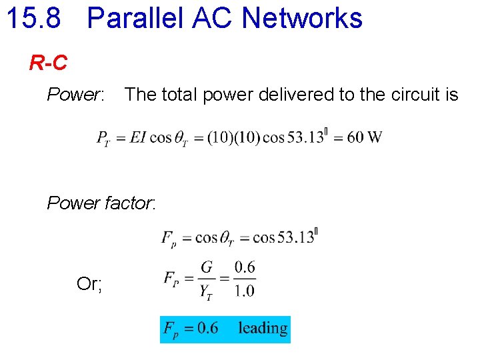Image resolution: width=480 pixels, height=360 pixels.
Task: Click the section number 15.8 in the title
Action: point(33,18)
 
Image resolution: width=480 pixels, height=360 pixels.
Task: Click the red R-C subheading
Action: point(48,63)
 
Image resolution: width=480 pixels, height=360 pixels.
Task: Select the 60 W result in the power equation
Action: point(365,137)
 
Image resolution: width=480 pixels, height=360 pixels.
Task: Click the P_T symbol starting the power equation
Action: point(103,139)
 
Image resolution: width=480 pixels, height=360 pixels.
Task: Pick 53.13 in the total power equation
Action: point(304,137)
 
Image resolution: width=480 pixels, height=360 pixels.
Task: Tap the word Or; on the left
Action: point(89,284)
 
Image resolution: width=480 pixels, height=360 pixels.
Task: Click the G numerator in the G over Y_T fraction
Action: point(207,267)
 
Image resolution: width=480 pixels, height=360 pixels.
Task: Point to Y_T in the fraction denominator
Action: point(206,291)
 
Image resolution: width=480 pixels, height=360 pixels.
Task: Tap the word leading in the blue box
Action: point(263,328)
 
